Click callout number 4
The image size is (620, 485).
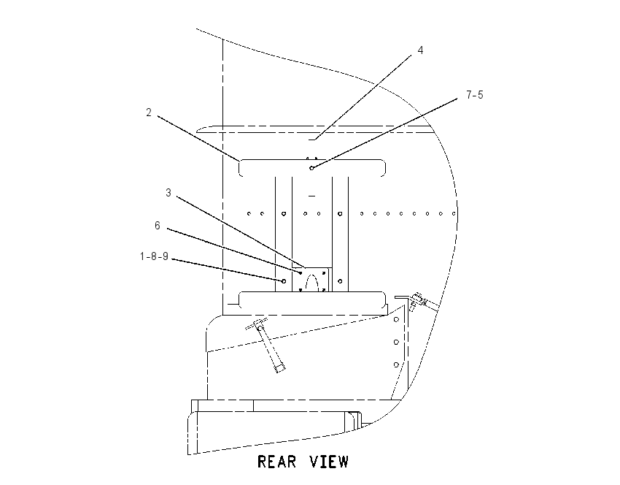[420, 50]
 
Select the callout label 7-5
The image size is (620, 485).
[475, 95]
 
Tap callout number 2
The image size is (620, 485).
[149, 112]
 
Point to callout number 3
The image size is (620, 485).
[168, 193]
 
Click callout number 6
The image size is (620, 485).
[158, 226]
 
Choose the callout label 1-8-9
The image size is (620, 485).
[154, 256]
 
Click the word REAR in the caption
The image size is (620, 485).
[276, 462]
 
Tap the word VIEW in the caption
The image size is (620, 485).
[329, 462]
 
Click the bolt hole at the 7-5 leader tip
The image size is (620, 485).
[311, 168]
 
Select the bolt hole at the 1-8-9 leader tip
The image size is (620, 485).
[284, 281]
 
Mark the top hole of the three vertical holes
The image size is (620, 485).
[396, 319]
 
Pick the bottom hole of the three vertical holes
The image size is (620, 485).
[396, 364]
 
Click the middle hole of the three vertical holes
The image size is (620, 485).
[396, 342]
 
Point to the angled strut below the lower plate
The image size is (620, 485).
[268, 345]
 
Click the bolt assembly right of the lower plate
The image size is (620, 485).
[419, 301]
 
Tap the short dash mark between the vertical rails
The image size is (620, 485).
[312, 196]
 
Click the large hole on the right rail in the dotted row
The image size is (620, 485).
[340, 214]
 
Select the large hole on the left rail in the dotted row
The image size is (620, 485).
[284, 214]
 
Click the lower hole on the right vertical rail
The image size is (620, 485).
[340, 281]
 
